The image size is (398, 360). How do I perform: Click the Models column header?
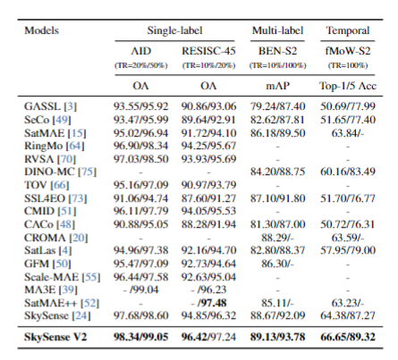[x=41, y=30]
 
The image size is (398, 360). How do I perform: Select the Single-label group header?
[x=174, y=30]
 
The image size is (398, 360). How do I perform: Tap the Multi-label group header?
[x=277, y=30]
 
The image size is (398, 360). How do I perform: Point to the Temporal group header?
[x=348, y=30]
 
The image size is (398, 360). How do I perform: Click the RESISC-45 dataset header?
[x=208, y=51]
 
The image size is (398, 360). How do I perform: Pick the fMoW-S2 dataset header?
[x=348, y=51]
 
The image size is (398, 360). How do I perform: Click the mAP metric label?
[x=277, y=86]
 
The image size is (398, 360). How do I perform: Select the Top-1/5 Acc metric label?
[x=348, y=86]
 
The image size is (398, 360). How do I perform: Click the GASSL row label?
[x=50, y=106]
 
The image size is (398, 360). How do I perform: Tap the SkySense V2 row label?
[x=55, y=337]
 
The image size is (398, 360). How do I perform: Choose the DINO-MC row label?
[x=60, y=172]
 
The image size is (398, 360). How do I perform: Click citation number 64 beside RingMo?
[x=75, y=146]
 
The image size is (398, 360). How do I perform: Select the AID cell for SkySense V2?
[x=140, y=337]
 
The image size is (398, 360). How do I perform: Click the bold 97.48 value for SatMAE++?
[x=212, y=303]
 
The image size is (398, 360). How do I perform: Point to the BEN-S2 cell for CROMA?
[x=277, y=238]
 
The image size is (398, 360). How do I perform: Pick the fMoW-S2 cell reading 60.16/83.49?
[x=348, y=172]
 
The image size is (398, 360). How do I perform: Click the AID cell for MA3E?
[x=140, y=289]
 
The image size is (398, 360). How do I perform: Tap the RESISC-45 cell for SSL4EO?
[x=208, y=198]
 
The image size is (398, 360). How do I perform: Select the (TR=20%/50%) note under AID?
[x=140, y=65]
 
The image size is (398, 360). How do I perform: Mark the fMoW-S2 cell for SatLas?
[x=348, y=250]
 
